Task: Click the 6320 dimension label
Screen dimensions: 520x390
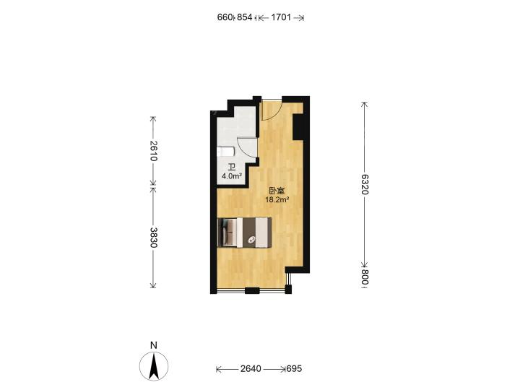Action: click(x=365, y=184)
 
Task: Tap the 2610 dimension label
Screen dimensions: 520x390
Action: click(x=153, y=150)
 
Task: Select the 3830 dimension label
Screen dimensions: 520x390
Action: click(x=153, y=238)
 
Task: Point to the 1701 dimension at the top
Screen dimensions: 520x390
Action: click(x=281, y=17)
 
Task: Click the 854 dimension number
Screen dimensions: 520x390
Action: click(x=244, y=17)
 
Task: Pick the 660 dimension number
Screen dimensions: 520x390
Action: click(x=225, y=17)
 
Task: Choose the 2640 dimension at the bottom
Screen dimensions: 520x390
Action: click(x=251, y=368)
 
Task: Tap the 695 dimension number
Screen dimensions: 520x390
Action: click(x=294, y=368)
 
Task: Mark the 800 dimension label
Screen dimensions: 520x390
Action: click(x=365, y=277)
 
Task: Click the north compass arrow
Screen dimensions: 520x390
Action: click(x=154, y=366)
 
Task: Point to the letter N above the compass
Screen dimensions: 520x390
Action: click(x=154, y=345)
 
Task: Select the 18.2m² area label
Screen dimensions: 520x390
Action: click(x=277, y=199)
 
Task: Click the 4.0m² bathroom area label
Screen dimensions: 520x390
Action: click(x=232, y=176)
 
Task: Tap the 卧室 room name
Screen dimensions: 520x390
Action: click(x=277, y=191)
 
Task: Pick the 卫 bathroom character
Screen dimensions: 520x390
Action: click(x=232, y=167)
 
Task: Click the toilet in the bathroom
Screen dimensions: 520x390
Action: click(x=225, y=152)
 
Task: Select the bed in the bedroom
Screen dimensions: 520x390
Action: click(x=244, y=233)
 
